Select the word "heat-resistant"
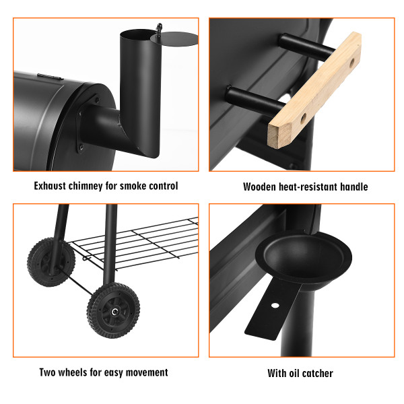pos(311,187)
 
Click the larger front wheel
pos(114,310)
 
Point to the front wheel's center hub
pos(114,311)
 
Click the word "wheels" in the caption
pos(79,372)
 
